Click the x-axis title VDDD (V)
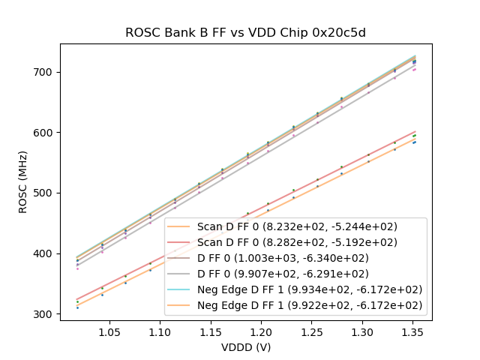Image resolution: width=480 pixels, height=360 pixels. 245,347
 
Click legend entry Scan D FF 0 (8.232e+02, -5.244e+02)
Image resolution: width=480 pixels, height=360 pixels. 297,226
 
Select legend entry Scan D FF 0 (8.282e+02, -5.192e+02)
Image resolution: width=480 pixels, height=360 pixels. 297,242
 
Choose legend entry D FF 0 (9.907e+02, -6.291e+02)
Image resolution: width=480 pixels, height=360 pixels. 297,274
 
